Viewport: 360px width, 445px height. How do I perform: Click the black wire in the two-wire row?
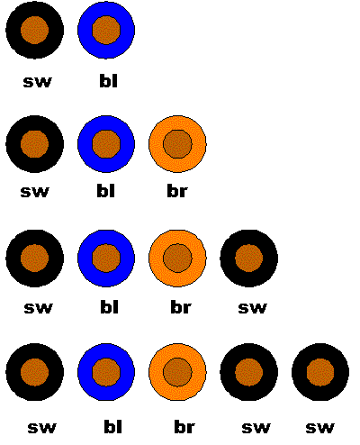click(x=34, y=30)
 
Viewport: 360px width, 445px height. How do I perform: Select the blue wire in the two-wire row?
click(x=106, y=30)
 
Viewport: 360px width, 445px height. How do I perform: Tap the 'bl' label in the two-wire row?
click(x=108, y=81)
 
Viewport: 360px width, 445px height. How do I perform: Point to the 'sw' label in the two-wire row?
click(x=37, y=82)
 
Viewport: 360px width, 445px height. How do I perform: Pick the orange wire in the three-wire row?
click(x=177, y=144)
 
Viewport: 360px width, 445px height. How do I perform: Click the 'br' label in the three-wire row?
click(x=177, y=190)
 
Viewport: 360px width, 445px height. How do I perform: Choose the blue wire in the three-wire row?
click(x=106, y=144)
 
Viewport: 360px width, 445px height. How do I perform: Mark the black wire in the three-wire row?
click(x=34, y=144)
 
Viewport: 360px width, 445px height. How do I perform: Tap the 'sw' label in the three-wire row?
click(x=34, y=192)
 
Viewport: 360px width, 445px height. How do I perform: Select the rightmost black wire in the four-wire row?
click(x=249, y=259)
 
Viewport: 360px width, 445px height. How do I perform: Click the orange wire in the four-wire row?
click(x=177, y=259)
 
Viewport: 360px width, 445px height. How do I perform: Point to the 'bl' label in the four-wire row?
click(x=109, y=306)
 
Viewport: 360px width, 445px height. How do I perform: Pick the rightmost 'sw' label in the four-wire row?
click(x=252, y=308)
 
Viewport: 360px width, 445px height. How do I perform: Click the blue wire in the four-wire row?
click(x=106, y=259)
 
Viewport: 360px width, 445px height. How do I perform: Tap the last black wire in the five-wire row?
click(x=320, y=372)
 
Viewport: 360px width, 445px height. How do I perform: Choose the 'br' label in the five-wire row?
click(x=184, y=427)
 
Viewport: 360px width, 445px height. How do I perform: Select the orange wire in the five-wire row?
click(x=177, y=372)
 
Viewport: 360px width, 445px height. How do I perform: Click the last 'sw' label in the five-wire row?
click(x=319, y=428)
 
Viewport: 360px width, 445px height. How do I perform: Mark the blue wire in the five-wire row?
click(x=106, y=372)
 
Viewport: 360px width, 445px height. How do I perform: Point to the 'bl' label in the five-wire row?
click(x=113, y=427)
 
